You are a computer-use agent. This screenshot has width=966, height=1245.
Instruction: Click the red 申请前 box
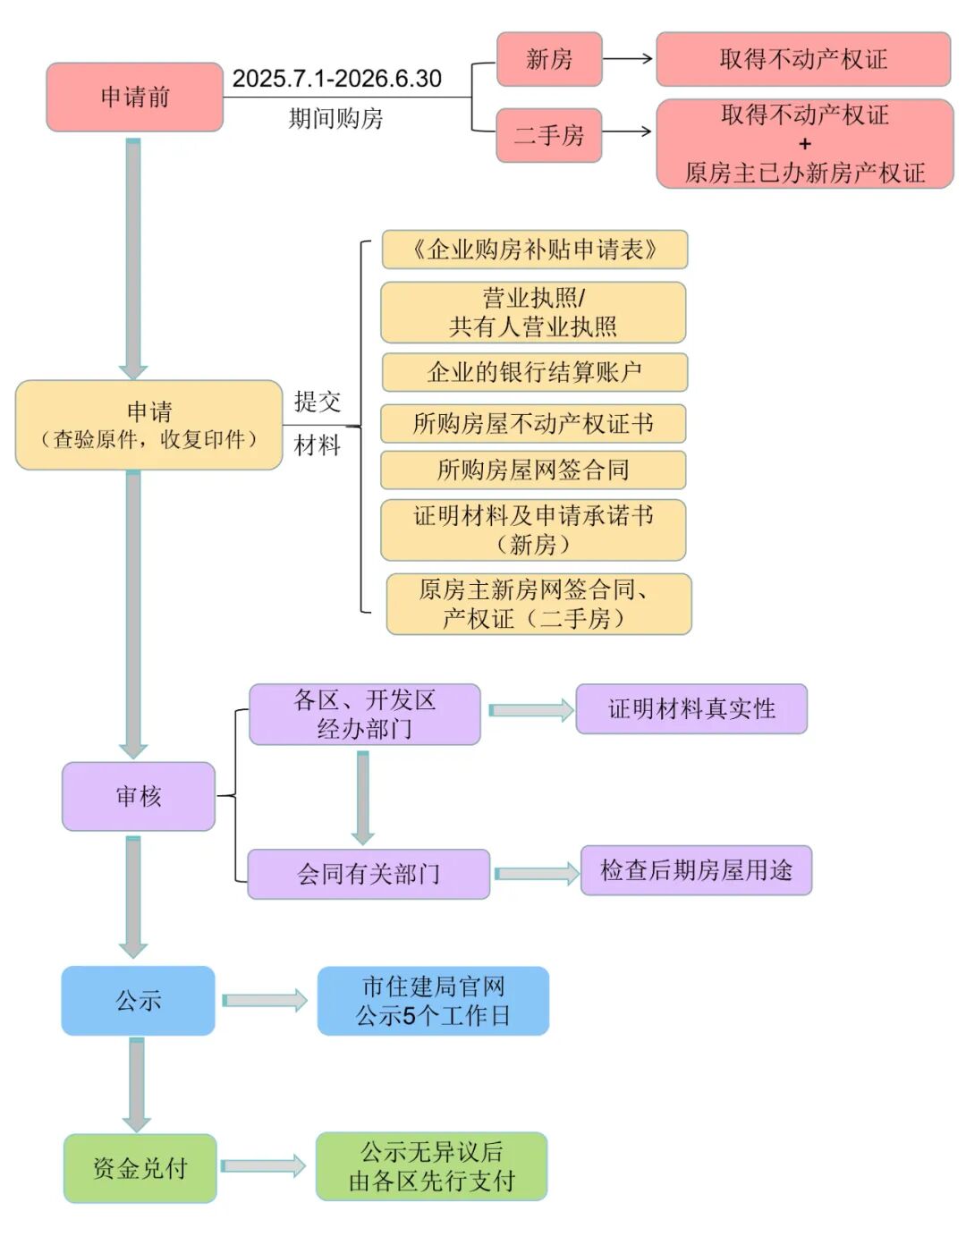point(134,97)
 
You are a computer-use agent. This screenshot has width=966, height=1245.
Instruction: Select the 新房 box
point(548,59)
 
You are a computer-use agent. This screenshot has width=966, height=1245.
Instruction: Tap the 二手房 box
point(548,135)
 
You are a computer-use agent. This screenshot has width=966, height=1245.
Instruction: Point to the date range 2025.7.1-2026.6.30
point(336,79)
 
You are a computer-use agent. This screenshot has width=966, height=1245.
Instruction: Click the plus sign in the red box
point(804,143)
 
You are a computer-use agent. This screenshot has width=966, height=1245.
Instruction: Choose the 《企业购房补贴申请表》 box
point(534,250)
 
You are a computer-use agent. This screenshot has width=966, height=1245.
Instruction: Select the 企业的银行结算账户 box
point(534,372)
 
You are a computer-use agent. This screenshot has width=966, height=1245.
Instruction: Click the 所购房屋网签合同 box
point(533,470)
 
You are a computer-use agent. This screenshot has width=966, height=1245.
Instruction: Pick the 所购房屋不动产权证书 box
point(533,423)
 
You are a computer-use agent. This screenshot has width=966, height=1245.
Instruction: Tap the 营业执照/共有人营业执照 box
point(533,312)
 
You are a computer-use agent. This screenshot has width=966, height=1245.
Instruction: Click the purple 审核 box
point(138,796)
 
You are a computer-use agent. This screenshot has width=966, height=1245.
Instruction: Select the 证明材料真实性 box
point(691,709)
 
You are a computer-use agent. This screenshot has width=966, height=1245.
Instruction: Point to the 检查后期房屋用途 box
point(696,870)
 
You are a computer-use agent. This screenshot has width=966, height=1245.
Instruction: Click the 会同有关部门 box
point(368,874)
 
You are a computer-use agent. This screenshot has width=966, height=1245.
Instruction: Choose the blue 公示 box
point(138,1000)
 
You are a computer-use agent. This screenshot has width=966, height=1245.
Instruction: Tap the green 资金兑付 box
point(140,1168)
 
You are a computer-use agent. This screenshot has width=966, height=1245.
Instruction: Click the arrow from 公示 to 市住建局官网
point(265,1000)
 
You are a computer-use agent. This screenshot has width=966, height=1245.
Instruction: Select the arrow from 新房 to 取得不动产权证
point(628,59)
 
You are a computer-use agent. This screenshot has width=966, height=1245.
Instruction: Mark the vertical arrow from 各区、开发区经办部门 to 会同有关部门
point(362,797)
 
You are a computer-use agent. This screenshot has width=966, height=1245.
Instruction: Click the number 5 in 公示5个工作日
point(410,1016)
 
